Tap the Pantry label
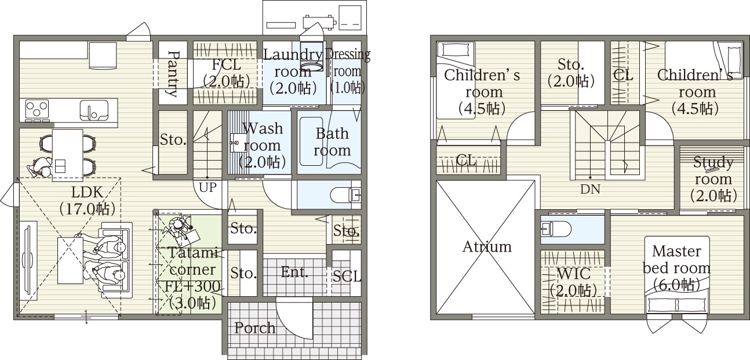pyautogui.click(x=173, y=74)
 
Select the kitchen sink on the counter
pyautogui.click(x=94, y=110)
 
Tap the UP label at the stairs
pyautogui.click(x=207, y=187)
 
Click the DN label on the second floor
pyautogui.click(x=590, y=190)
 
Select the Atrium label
pyautogui.click(x=487, y=247)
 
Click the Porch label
pyautogui.click(x=255, y=328)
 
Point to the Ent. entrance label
pyautogui.click(x=294, y=272)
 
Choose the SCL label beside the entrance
pyautogui.click(x=347, y=277)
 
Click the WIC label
pyautogui.click(x=573, y=274)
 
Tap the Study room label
pyautogui.click(x=713, y=180)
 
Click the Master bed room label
pyautogui.click(x=676, y=268)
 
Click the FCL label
pyautogui.click(x=227, y=64)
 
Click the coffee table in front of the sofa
pyautogui.click(x=70, y=260)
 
